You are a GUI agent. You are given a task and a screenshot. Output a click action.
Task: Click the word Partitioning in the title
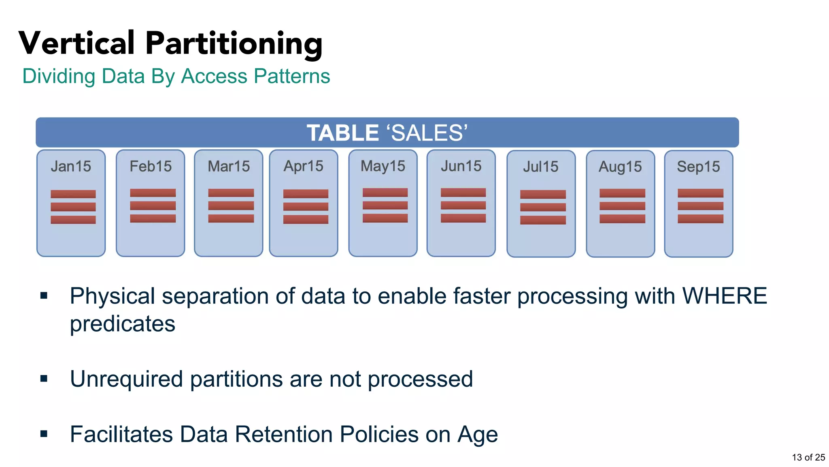[x=234, y=44]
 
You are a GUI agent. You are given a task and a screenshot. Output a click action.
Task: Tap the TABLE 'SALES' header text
[x=387, y=133]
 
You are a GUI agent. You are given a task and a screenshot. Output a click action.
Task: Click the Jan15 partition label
[x=71, y=167]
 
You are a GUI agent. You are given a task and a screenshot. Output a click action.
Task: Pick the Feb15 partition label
[x=151, y=167]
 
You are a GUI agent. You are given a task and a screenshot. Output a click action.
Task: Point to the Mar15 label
[x=229, y=167]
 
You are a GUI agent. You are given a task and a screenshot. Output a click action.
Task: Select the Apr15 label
[x=304, y=166]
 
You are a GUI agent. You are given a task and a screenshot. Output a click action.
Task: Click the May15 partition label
[x=383, y=166]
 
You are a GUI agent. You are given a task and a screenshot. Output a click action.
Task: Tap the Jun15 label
[x=461, y=166]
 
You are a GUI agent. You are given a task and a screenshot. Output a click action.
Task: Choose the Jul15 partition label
[x=541, y=167]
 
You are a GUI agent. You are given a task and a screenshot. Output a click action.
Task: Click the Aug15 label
[x=620, y=167]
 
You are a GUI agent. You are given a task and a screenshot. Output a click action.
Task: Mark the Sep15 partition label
[x=699, y=167]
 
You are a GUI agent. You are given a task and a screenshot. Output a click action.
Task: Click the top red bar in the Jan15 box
[x=73, y=194]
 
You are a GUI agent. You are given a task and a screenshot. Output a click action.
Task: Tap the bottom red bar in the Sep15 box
[x=700, y=219]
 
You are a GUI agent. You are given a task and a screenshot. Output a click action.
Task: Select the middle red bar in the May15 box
[x=385, y=206]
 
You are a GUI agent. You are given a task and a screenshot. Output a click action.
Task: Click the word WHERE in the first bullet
[x=725, y=296]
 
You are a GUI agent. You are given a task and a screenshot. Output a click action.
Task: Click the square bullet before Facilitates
[x=44, y=434]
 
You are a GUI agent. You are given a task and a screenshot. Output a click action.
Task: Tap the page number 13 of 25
[x=808, y=457]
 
